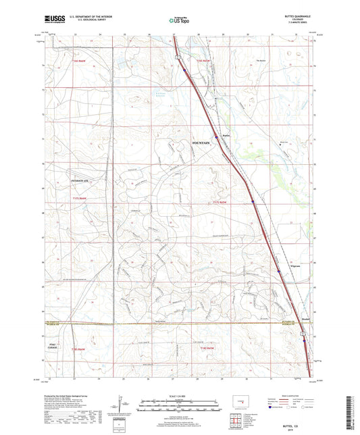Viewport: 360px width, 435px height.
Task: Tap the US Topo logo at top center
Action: coord(177,22)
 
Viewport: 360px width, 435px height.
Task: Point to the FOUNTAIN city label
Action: coord(201,143)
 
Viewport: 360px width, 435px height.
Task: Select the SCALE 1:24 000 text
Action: coord(180,396)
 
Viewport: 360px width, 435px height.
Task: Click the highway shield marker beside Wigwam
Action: coord(278,272)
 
